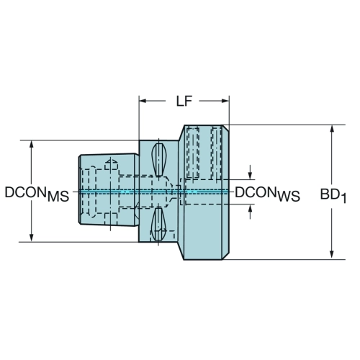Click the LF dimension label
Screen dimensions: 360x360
[184, 102]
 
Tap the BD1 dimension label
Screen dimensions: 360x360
[333, 195]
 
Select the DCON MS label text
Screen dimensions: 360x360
[37, 194]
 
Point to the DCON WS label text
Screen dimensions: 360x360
[267, 194]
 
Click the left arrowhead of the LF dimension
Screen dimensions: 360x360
[143, 101]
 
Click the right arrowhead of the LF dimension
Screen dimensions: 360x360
[225, 101]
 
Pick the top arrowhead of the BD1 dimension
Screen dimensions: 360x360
[332, 129]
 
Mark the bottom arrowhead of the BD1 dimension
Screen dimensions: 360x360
[332, 256]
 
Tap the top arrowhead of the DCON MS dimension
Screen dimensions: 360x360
[31, 144]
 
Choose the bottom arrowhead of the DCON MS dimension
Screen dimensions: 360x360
[31, 238]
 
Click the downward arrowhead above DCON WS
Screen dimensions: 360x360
[250, 176]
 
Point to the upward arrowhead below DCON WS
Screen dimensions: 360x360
[250, 208]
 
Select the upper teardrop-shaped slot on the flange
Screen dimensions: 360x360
[158, 160]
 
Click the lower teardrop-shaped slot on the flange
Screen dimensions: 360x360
[158, 224]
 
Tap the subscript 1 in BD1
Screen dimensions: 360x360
[343, 199]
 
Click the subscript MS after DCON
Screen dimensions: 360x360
[58, 197]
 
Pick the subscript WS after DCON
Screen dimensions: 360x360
[289, 197]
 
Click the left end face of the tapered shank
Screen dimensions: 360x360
[79, 189]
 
